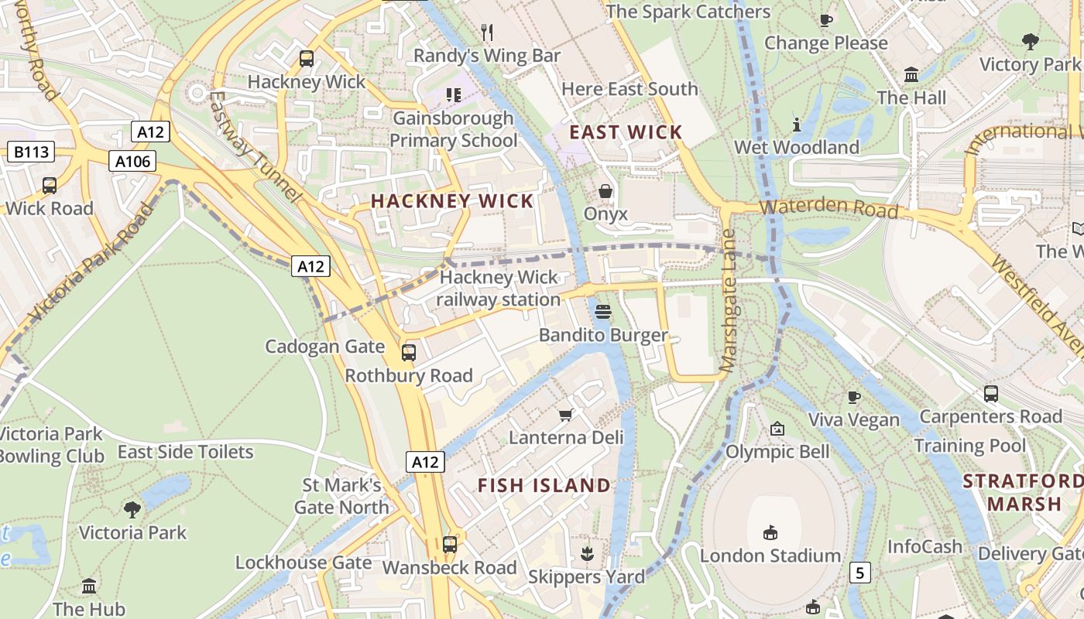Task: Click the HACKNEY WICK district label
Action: [x=452, y=201]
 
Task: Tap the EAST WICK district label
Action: [x=626, y=132]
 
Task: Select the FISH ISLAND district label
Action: [x=544, y=486]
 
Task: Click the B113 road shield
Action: [x=31, y=152]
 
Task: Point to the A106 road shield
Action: [x=132, y=161]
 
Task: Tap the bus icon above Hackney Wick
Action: [x=307, y=58]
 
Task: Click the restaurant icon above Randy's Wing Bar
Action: [x=487, y=32]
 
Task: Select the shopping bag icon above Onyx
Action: [x=605, y=190]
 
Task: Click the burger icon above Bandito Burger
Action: [x=603, y=312]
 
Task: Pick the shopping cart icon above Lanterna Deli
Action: [x=566, y=415]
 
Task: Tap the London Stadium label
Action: [x=770, y=556]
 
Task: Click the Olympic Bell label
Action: [x=777, y=451]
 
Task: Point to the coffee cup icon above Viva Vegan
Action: [x=854, y=397]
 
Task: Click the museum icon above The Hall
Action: [x=911, y=75]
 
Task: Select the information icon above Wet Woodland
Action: [x=797, y=124]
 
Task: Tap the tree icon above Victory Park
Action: [x=1030, y=41]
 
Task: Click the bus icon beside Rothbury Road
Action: [x=408, y=353]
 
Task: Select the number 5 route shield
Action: [x=859, y=573]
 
